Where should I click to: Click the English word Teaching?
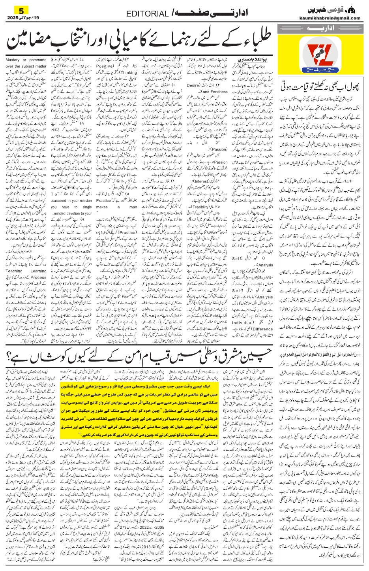14,271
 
